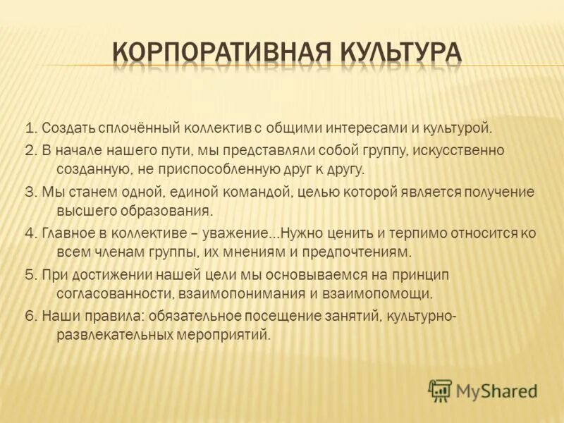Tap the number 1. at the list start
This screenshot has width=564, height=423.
coord(30,129)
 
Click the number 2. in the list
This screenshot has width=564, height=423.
coord(30,150)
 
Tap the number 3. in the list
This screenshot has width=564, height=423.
coord(30,192)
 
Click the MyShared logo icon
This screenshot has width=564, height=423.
coord(440,391)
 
